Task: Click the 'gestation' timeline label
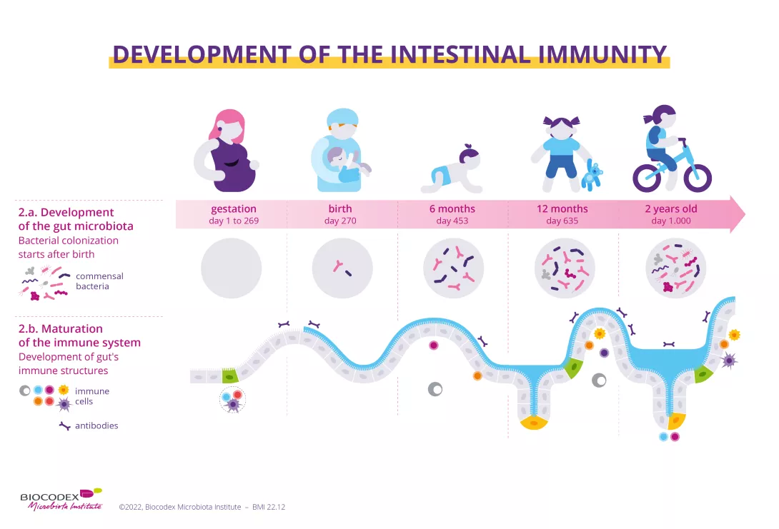(x=234, y=209)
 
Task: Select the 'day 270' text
(x=340, y=221)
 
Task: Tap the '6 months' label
(x=452, y=209)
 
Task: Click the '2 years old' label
(x=670, y=209)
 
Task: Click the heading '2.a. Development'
(x=66, y=212)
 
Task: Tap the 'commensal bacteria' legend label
(x=99, y=281)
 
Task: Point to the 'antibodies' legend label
(x=96, y=425)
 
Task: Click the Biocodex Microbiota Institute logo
(x=61, y=498)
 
